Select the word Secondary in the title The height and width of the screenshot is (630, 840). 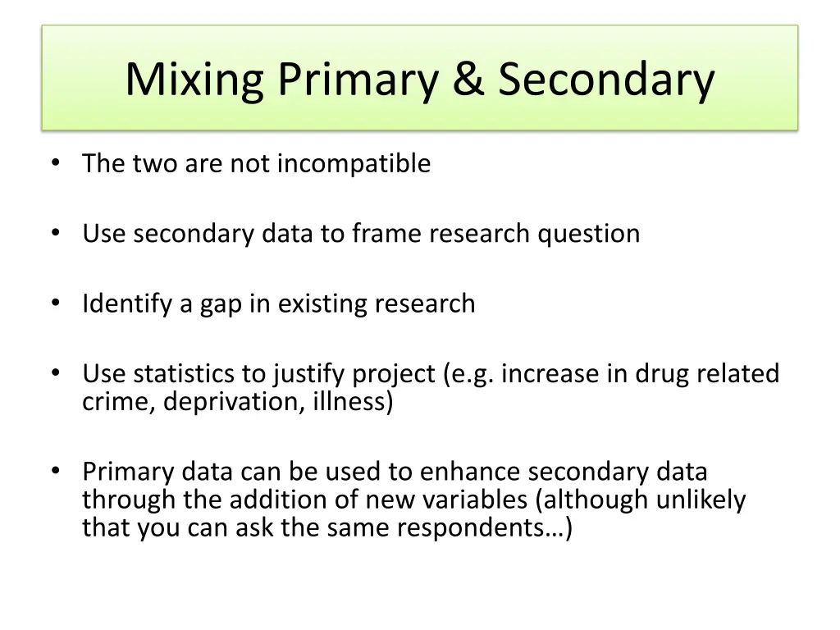point(606,80)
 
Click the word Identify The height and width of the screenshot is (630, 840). point(128,304)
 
